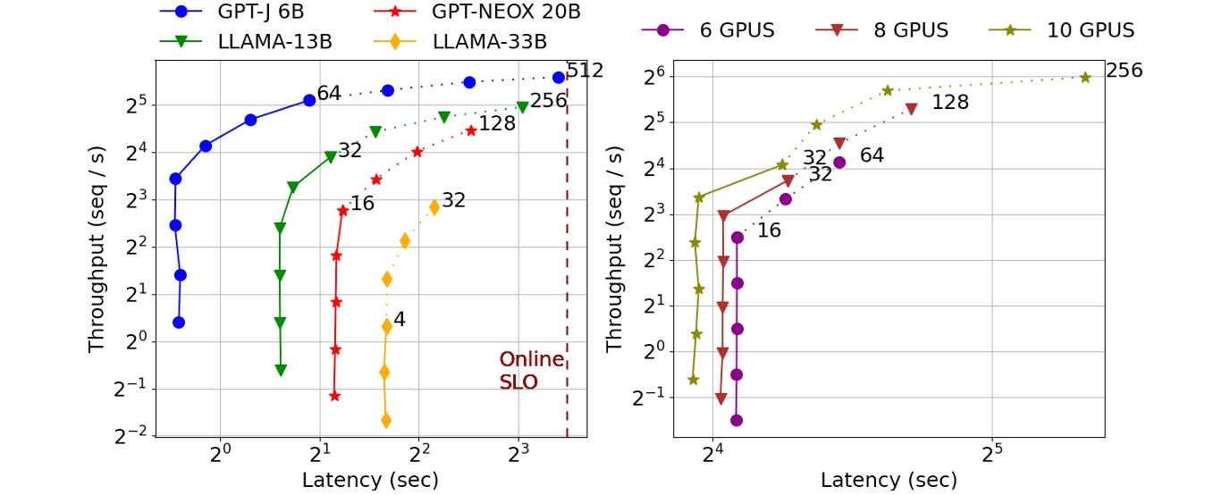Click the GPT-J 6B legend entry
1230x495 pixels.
click(x=219, y=12)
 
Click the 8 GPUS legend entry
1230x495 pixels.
click(x=880, y=29)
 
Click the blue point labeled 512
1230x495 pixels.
click(x=559, y=78)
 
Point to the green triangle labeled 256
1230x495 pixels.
click(x=522, y=107)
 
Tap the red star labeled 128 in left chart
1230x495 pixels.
click(x=471, y=130)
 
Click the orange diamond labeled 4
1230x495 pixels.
click(x=387, y=326)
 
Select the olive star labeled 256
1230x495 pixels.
click(x=1085, y=78)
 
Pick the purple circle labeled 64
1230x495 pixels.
click(x=839, y=163)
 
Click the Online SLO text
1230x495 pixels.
click(x=531, y=370)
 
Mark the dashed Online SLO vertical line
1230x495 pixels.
click(x=567, y=268)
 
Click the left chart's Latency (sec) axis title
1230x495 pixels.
click(x=370, y=480)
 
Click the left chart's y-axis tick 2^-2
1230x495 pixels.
click(x=131, y=434)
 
